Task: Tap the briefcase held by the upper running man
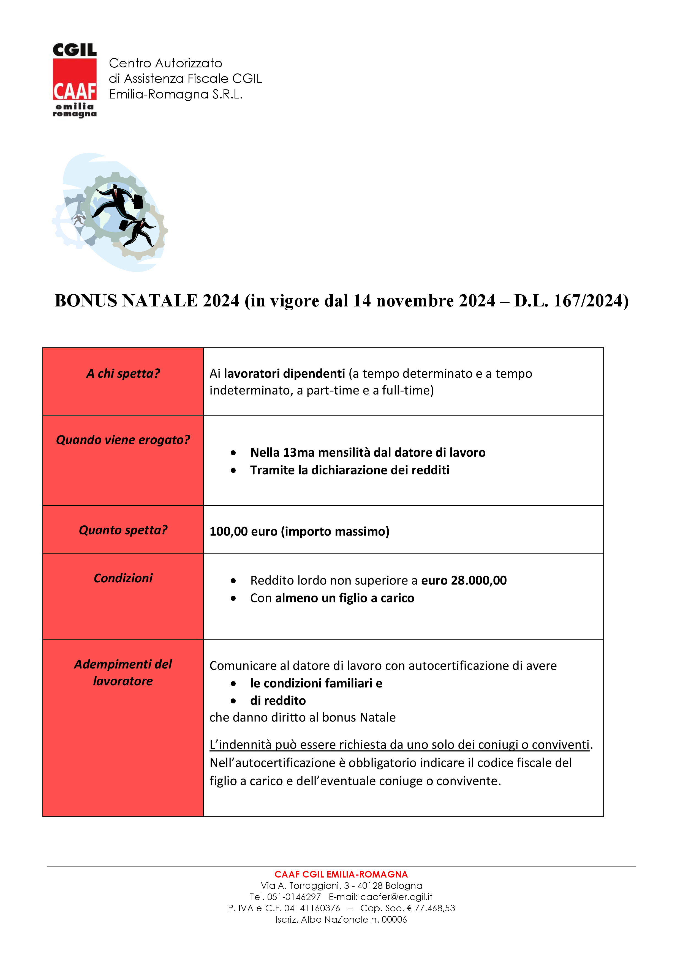(138, 201)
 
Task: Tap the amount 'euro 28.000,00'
(464, 580)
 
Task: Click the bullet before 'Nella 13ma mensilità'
(233, 453)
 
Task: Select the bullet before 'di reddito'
(233, 701)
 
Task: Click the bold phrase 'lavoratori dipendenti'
(284, 374)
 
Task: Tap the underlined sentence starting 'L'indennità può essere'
(399, 745)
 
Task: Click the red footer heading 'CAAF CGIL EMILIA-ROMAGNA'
(341, 874)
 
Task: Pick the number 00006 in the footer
(394, 920)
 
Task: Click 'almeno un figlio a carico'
(344, 598)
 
